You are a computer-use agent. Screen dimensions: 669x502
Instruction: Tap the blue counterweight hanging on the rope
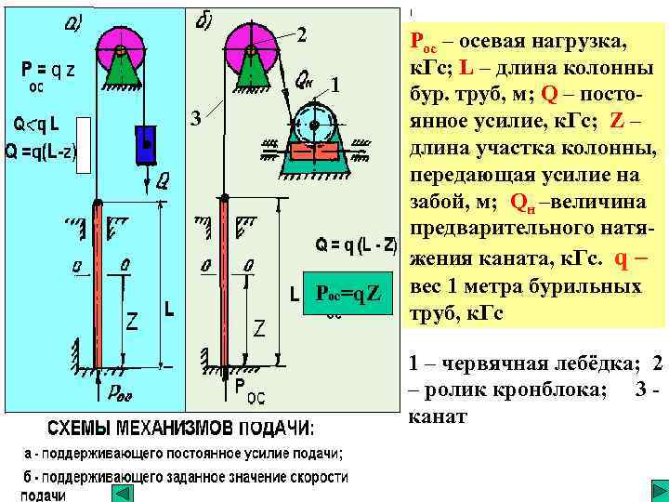145,144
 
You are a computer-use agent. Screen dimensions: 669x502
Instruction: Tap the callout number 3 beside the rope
195,118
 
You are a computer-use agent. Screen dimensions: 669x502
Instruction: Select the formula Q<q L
35,125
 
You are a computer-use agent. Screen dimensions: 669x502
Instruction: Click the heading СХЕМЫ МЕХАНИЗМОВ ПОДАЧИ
180,429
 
